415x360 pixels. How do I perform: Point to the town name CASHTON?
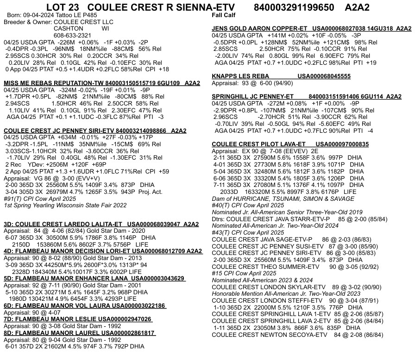click(x=70, y=28)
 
